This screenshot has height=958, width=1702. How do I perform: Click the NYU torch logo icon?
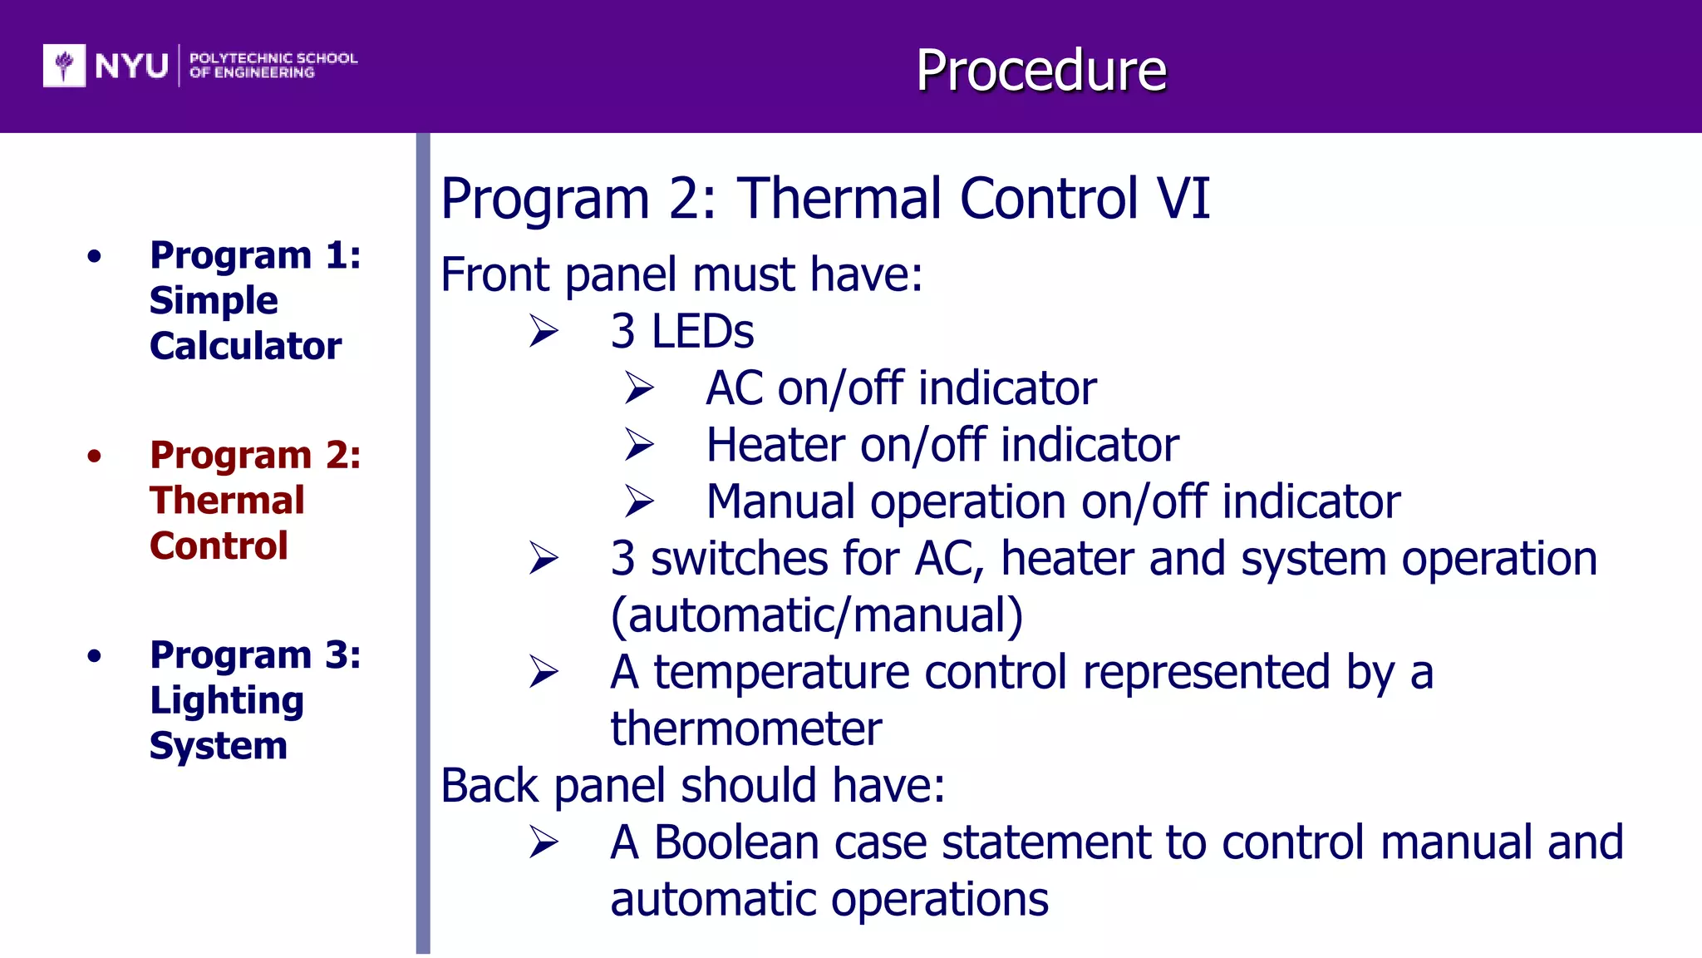click(x=64, y=65)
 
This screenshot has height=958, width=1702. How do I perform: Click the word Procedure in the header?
click(x=1040, y=70)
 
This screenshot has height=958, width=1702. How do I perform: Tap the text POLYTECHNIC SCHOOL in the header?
click(x=273, y=58)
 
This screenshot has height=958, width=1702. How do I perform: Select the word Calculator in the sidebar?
click(x=245, y=346)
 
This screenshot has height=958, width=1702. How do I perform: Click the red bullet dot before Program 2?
click(x=95, y=456)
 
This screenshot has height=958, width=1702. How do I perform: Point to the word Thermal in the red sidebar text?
click(x=227, y=501)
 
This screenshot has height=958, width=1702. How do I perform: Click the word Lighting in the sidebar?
click(x=226, y=701)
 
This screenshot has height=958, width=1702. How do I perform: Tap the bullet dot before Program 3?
click(x=95, y=656)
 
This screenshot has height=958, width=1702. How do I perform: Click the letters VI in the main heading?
click(x=1183, y=199)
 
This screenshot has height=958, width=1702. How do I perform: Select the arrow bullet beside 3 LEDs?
click(x=544, y=332)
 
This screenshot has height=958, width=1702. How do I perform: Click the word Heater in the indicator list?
click(x=775, y=445)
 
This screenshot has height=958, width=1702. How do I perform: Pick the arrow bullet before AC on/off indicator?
click(x=639, y=388)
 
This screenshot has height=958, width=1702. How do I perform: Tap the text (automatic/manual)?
click(x=816, y=616)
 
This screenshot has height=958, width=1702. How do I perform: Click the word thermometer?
click(x=745, y=729)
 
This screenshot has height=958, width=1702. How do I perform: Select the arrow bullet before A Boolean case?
click(x=544, y=842)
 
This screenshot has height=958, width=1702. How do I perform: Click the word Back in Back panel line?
click(x=490, y=786)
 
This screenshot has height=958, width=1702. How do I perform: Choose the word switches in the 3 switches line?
click(x=739, y=559)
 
